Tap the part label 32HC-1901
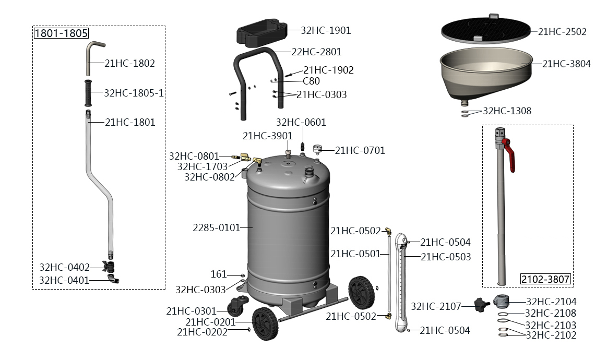tap(326, 30)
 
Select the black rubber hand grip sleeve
tap(88, 93)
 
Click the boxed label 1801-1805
tap(61, 33)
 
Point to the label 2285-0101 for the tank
tap(216, 227)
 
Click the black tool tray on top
tap(262, 32)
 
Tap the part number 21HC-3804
tap(566, 64)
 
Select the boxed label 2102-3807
tap(545, 279)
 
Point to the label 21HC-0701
tap(360, 151)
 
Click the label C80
tap(311, 81)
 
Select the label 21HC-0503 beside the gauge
tap(446, 257)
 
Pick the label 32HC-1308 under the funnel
tap(507, 111)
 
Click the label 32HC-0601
tap(301, 123)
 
